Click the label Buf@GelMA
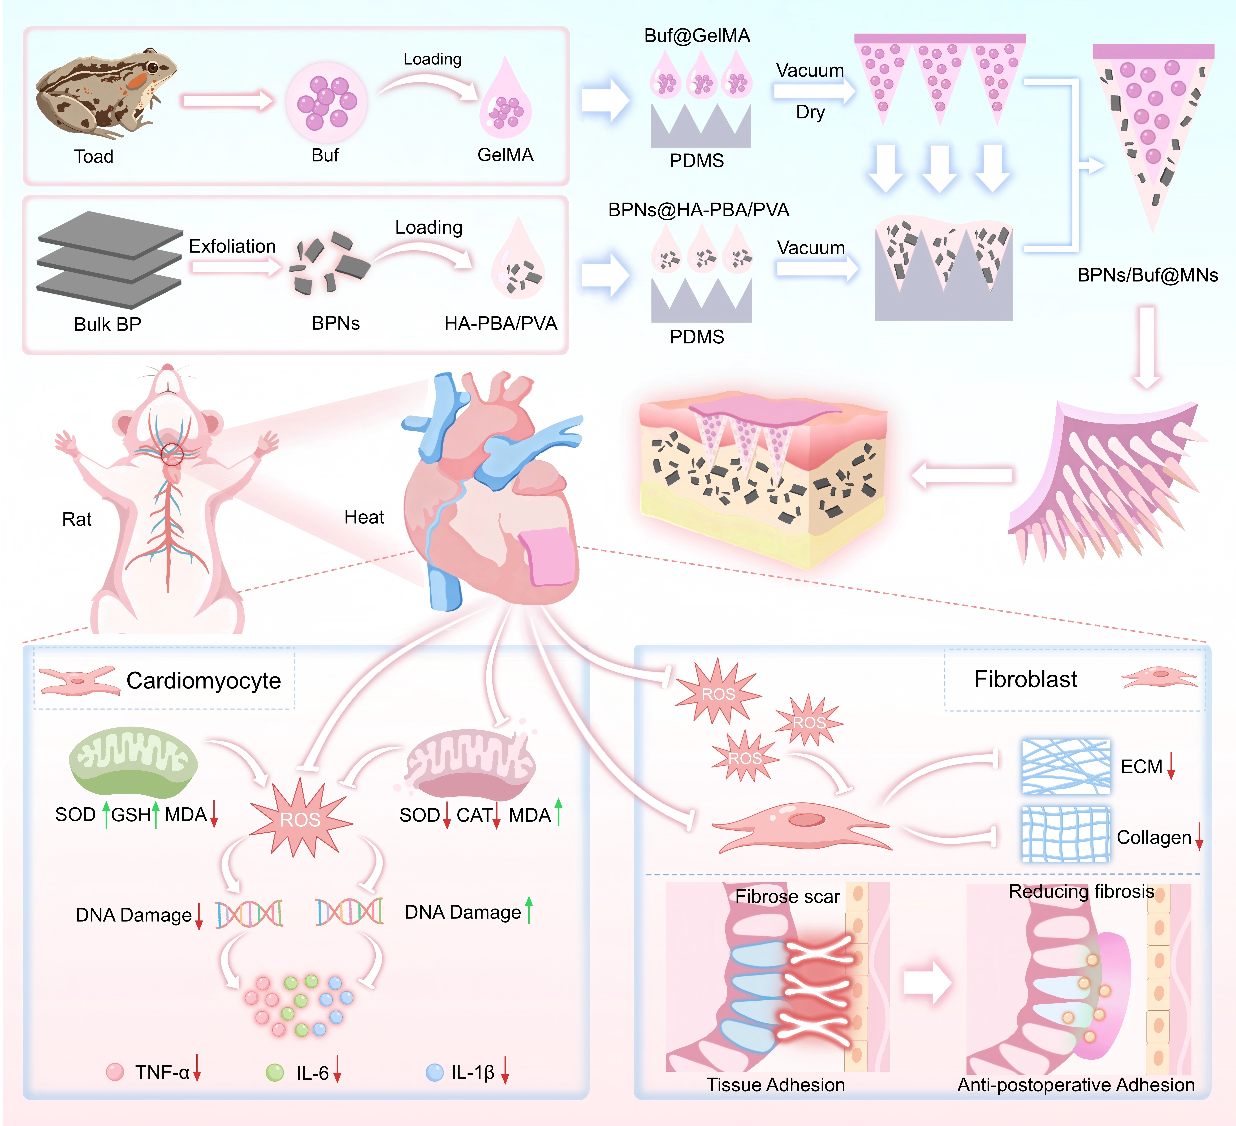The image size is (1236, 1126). (697, 36)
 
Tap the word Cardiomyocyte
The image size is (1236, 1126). (203, 681)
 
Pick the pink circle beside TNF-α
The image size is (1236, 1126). (115, 1071)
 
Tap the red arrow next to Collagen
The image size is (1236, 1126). (1199, 836)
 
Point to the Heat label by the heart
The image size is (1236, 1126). (364, 517)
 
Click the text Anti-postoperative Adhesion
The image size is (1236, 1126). (1076, 1085)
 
